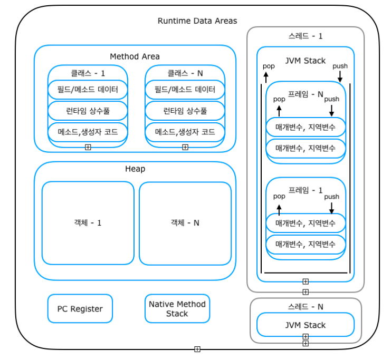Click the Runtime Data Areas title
(197, 21)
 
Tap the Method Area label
(135, 56)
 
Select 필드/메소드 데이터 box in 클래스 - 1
(88, 90)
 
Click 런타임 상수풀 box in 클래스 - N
(185, 111)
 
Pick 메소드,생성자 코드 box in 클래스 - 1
(88, 132)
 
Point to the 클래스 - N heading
(185, 73)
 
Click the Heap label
(135, 169)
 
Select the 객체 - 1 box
(88, 223)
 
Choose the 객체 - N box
(185, 223)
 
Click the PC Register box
(80, 309)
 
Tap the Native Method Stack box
(177, 309)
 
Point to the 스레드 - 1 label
(306, 36)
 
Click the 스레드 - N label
(306, 306)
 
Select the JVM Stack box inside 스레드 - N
(306, 325)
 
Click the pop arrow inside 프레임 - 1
(279, 210)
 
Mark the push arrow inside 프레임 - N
(331, 110)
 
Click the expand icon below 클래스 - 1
(88, 147)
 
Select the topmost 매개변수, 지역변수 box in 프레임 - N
(306, 127)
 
